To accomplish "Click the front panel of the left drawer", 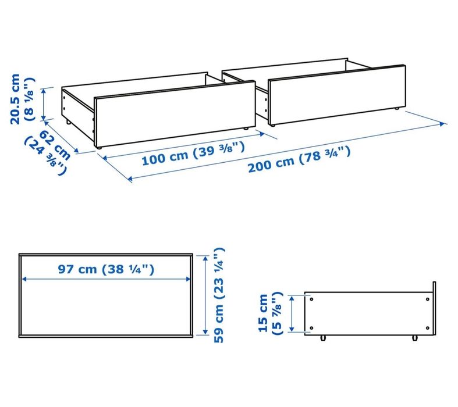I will coord(174,113).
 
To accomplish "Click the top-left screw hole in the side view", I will coord(313,299).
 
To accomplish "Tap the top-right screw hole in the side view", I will coord(428,299).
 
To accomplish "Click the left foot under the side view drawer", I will coord(322,337).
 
